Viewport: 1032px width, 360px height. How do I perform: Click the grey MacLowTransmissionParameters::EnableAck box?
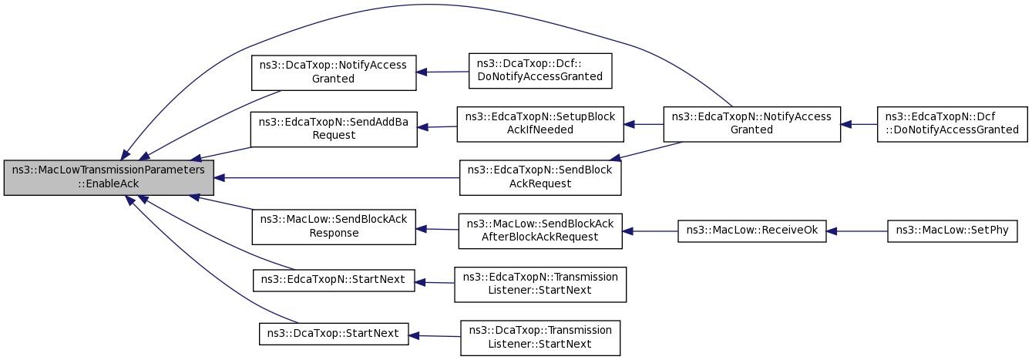click(x=109, y=177)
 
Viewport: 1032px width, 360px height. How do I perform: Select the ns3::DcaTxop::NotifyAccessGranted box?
click(x=334, y=72)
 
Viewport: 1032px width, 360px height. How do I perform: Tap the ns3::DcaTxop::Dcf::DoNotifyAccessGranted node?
click(x=540, y=71)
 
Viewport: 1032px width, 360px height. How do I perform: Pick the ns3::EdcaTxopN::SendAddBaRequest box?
click(x=334, y=130)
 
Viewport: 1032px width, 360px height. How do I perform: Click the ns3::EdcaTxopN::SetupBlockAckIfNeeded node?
click(x=540, y=124)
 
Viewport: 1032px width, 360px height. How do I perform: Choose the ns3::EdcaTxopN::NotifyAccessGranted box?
click(x=752, y=124)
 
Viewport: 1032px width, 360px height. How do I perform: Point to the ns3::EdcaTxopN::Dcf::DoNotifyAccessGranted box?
click(x=953, y=124)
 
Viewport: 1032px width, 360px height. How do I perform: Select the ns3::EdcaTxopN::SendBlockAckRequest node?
click(x=540, y=177)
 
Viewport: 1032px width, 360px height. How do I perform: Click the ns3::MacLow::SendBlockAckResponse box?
click(x=334, y=227)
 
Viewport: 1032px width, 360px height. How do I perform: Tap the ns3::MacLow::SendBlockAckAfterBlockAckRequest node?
click(x=540, y=231)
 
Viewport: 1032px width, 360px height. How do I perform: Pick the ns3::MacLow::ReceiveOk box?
click(x=752, y=231)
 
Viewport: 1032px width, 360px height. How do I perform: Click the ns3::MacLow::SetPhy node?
click(x=953, y=231)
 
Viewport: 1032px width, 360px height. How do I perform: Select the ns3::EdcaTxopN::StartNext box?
click(x=334, y=281)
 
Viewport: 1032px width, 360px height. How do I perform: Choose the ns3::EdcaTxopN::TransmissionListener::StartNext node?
click(x=540, y=284)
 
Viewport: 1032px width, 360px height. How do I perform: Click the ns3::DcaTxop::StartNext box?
click(x=334, y=334)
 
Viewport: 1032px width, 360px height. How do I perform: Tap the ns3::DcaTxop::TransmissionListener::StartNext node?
click(x=540, y=338)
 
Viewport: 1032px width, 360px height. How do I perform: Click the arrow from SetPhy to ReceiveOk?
click(x=857, y=231)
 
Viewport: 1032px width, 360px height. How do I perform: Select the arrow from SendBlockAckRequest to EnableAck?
click(x=337, y=177)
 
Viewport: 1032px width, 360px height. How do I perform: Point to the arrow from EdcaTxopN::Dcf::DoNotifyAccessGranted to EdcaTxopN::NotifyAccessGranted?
click(x=859, y=124)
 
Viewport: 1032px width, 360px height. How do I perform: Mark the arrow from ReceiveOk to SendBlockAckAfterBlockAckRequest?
click(x=650, y=231)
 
